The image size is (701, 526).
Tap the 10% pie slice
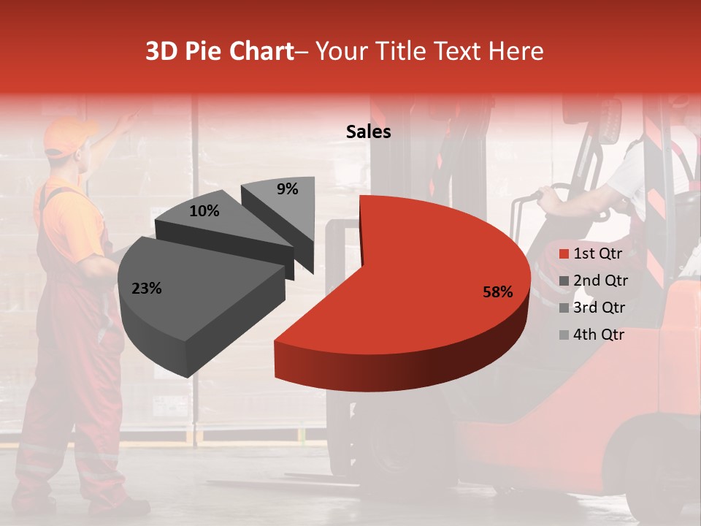tap(219, 223)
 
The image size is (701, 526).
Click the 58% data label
tap(498, 292)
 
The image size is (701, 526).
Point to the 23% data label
tap(146, 289)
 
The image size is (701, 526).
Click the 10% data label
tap(204, 211)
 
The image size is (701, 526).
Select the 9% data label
tap(288, 189)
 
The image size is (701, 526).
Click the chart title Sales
tap(368, 132)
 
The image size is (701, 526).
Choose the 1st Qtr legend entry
tap(597, 254)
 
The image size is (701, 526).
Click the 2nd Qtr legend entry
tap(600, 281)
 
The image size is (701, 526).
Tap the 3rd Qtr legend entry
tap(600, 308)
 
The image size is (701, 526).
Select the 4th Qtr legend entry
tap(599, 335)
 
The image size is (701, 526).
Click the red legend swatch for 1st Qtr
tap(563, 254)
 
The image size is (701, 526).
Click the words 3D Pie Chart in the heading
tap(218, 51)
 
